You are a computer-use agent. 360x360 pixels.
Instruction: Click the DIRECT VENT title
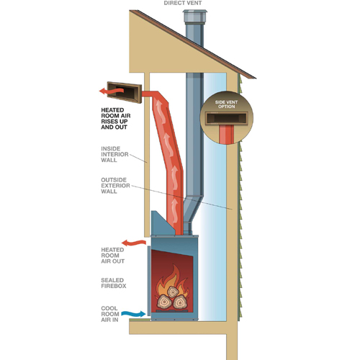pos(183,3)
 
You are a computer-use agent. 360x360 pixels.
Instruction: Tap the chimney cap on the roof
pos(194,16)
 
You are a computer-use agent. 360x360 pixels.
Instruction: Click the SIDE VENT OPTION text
pos(226,104)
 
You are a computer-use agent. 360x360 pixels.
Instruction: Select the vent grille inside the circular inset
pos(226,119)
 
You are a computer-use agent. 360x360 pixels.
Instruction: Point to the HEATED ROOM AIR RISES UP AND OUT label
pos(116,119)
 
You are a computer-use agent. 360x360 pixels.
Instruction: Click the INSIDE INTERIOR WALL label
pos(114,154)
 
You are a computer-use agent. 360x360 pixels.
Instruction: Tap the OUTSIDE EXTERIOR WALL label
pos(115,186)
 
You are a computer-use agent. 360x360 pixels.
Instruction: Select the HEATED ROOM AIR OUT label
pos(112,256)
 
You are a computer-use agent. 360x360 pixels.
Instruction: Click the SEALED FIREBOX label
pos(113,283)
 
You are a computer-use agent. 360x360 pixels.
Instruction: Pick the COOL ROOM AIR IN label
pos(110,314)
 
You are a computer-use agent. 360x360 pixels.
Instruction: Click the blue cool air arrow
pos(133,313)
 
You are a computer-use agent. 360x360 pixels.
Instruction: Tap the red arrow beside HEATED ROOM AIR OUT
pos(134,243)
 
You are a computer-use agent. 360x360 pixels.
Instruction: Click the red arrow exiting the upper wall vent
pos(112,91)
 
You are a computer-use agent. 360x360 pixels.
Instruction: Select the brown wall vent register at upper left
pos(125,92)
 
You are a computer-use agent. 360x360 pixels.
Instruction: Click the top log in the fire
pos(173,292)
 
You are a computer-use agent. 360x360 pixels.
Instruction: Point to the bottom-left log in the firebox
pos(164,302)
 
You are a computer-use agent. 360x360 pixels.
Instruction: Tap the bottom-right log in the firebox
pos(180,302)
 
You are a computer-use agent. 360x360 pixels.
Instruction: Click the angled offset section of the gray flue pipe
pos(193,209)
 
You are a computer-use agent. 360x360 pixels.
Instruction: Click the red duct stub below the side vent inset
pos(226,135)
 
